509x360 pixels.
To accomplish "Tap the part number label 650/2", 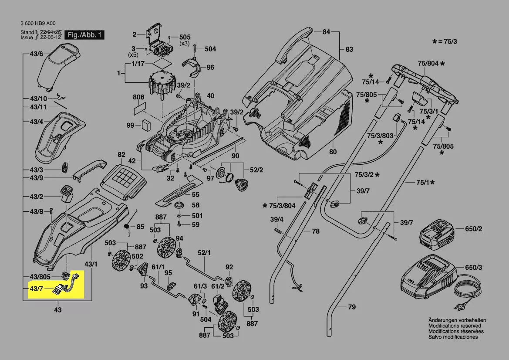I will click(x=474, y=229).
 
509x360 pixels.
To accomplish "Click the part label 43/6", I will click(x=36, y=54).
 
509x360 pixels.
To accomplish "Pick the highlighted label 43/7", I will click(x=36, y=289).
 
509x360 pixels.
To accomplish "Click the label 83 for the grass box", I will click(x=349, y=50).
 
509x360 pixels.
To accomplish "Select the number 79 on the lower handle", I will click(x=352, y=307).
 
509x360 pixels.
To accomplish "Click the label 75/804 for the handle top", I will click(x=428, y=64).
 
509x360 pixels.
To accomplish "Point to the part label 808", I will click(x=138, y=97).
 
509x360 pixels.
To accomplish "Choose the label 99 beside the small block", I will click(x=130, y=126).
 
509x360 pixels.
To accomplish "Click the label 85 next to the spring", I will click(x=140, y=227).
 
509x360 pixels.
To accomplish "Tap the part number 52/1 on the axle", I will click(x=204, y=252).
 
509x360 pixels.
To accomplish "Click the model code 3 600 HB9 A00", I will click(x=38, y=24).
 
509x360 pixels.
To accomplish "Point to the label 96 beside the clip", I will click(x=210, y=68).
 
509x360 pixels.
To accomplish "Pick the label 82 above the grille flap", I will click(x=121, y=155).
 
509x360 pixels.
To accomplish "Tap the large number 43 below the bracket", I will click(x=57, y=310).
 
